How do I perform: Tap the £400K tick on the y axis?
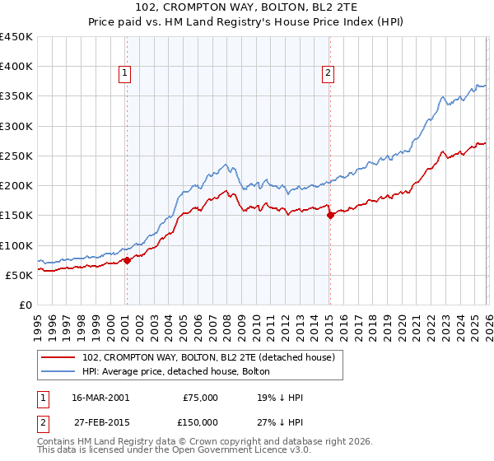pos(16,67)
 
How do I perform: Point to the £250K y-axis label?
pos(16,156)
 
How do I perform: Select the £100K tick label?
pos(16,245)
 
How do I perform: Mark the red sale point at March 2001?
pos(127,260)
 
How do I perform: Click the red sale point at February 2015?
pos(330,216)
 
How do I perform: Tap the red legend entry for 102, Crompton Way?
pos(208,358)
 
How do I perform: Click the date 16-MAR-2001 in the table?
pos(100,397)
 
